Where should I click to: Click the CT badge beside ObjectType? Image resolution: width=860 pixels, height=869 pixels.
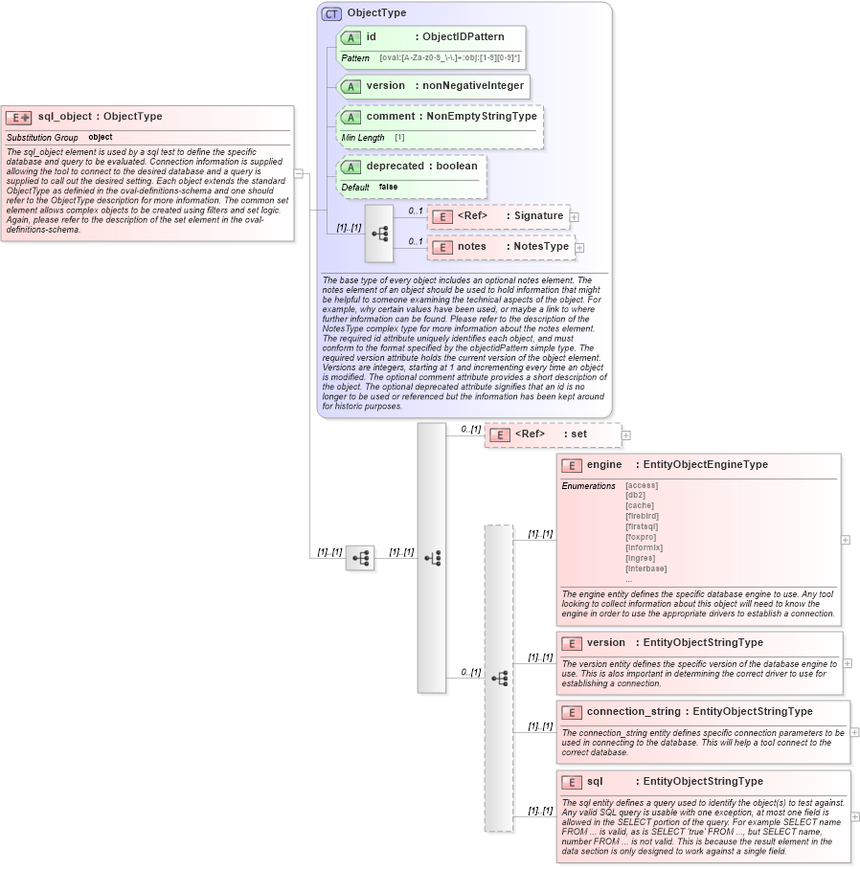click(x=331, y=13)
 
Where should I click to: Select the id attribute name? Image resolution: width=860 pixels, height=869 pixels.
click(x=371, y=37)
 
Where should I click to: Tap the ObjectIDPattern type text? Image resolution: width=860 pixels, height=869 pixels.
click(x=464, y=37)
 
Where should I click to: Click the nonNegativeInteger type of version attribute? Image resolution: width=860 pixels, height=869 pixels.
click(x=473, y=85)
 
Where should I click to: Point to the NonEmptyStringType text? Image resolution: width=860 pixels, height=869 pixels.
click(x=482, y=117)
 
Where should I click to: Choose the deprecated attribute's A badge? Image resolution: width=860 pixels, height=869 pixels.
click(x=351, y=167)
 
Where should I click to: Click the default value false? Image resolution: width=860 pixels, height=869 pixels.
click(x=388, y=187)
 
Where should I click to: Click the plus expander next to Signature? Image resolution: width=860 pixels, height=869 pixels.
click(x=575, y=217)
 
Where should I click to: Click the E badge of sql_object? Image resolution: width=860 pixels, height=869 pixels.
click(x=18, y=118)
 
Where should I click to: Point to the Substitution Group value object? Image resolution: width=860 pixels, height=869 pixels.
click(x=101, y=138)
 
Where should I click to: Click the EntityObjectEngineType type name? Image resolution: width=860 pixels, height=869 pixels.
click(x=705, y=465)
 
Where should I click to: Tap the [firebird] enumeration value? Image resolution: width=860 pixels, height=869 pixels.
click(x=642, y=516)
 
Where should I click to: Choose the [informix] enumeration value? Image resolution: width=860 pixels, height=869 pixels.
click(x=644, y=547)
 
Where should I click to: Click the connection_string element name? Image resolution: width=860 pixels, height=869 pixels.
click(x=633, y=712)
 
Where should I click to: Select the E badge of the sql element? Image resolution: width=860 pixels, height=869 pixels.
click(x=572, y=783)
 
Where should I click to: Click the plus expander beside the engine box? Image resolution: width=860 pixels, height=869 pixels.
click(x=846, y=540)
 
